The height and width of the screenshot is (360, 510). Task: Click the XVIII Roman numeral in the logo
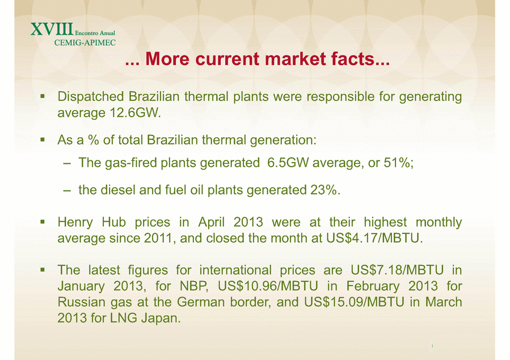point(52,29)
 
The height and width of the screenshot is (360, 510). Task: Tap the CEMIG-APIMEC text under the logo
point(85,43)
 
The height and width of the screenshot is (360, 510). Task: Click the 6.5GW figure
point(288,163)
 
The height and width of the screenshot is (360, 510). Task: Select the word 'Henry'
point(75,222)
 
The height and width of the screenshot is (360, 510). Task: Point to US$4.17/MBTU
point(374,238)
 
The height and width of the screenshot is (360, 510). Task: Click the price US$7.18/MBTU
point(397,270)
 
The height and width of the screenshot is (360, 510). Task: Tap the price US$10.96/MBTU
point(268,286)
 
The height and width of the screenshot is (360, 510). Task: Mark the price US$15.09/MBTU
point(354,302)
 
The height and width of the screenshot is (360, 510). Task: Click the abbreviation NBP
point(194,286)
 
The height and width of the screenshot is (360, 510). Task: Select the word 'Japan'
point(161,318)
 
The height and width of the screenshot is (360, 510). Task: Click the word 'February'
point(373,286)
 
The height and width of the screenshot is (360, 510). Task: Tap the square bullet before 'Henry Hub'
point(43,222)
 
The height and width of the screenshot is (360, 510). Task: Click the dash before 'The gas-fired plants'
point(67,163)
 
